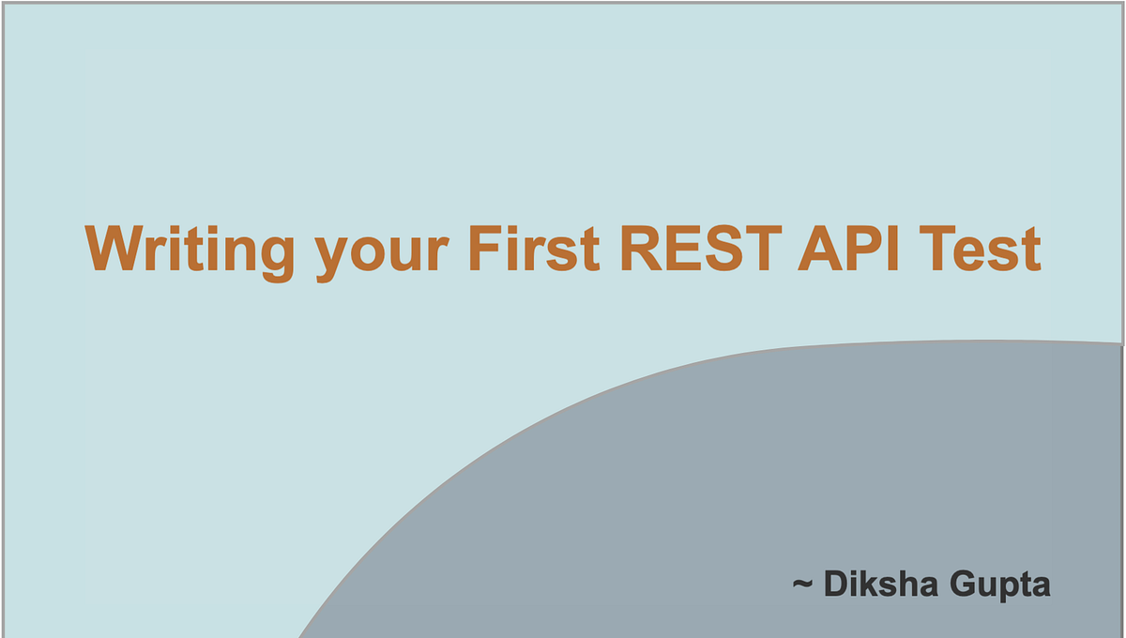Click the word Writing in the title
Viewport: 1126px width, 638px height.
tap(190, 251)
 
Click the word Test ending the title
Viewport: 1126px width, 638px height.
tap(985, 249)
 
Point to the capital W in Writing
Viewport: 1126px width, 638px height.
tap(115, 249)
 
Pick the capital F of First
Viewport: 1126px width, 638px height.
tap(483, 249)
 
